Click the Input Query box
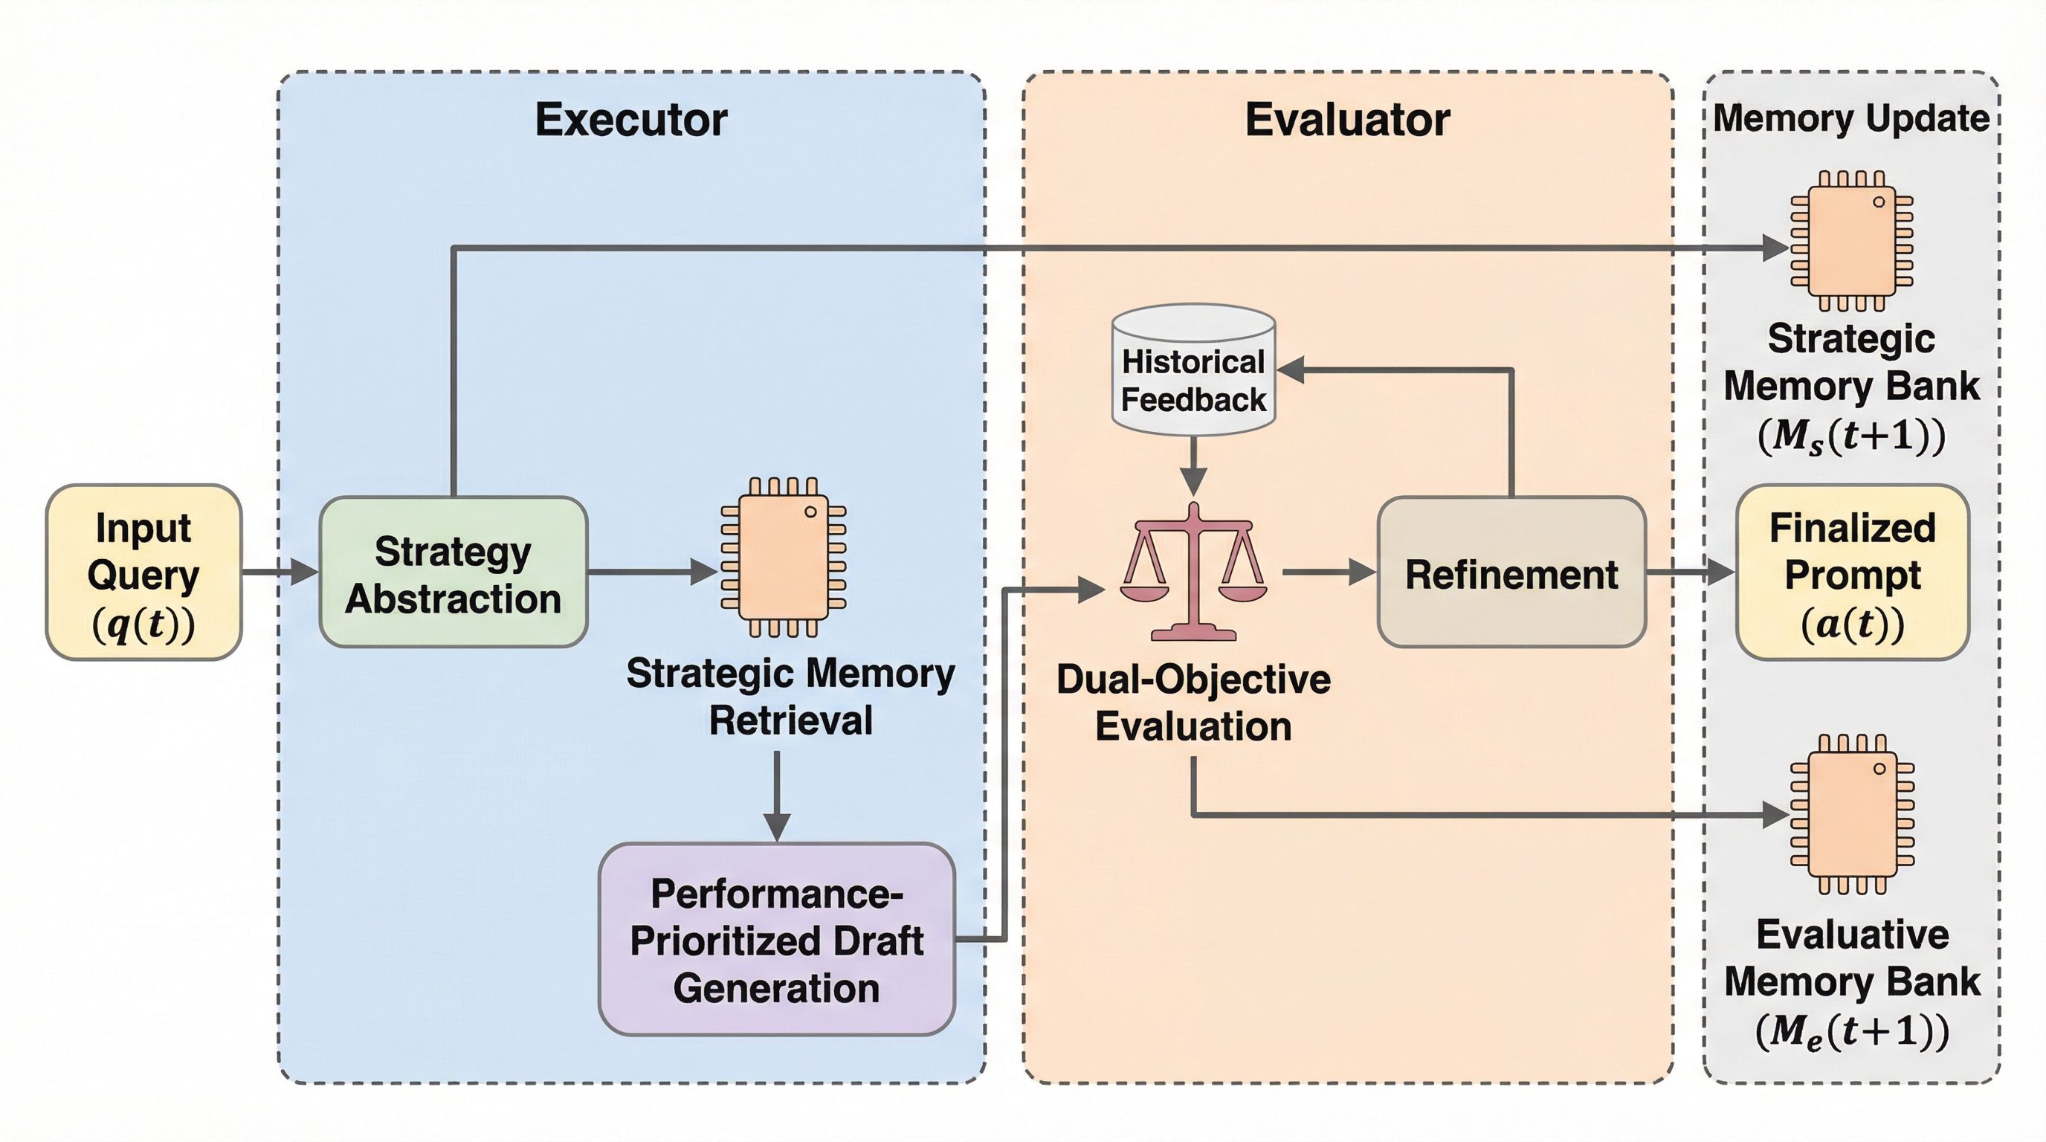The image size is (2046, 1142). (143, 572)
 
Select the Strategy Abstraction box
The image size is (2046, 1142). (454, 572)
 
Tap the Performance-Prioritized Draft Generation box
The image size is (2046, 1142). (776, 940)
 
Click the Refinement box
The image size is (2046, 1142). (1511, 572)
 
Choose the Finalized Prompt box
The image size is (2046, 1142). (1851, 572)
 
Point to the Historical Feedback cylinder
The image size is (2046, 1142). (1193, 370)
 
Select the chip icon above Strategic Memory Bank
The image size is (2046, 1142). (1851, 241)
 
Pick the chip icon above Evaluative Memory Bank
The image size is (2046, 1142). (1851, 814)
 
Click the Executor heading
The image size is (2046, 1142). (631, 120)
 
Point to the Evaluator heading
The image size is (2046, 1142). (1347, 120)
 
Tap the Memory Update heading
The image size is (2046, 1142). (1850, 118)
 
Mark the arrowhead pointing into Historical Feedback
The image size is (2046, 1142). (1291, 370)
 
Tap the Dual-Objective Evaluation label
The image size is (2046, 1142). (1193, 703)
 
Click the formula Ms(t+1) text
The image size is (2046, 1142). (1851, 436)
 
